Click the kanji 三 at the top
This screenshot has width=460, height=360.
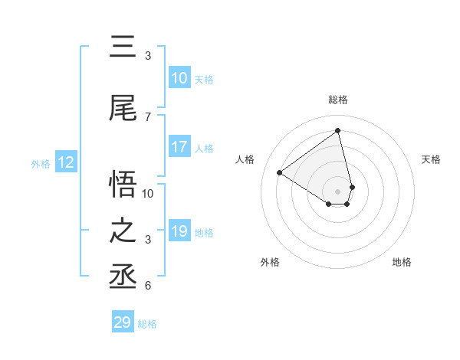click(x=123, y=47)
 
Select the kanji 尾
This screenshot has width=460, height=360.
click(x=123, y=109)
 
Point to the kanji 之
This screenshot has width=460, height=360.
click(x=123, y=231)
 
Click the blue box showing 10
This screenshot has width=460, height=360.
click(x=179, y=78)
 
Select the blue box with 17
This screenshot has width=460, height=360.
click(x=179, y=147)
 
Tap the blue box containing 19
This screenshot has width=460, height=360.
click(x=179, y=231)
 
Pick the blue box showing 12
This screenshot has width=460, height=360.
click(x=66, y=162)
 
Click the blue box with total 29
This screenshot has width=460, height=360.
click(x=123, y=322)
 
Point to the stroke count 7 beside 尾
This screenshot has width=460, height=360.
click(x=148, y=117)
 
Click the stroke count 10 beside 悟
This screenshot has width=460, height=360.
click(x=148, y=193)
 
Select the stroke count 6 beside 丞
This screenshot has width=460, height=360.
click(x=148, y=286)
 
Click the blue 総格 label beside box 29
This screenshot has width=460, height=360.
click(x=147, y=324)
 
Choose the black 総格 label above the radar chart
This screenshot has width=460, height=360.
click(x=338, y=100)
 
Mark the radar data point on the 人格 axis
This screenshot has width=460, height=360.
click(x=280, y=172)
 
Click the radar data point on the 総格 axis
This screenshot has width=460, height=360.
click(x=338, y=130)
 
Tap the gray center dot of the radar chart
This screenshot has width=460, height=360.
click(x=338, y=191)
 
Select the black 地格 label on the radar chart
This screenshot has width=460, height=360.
click(x=402, y=262)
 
